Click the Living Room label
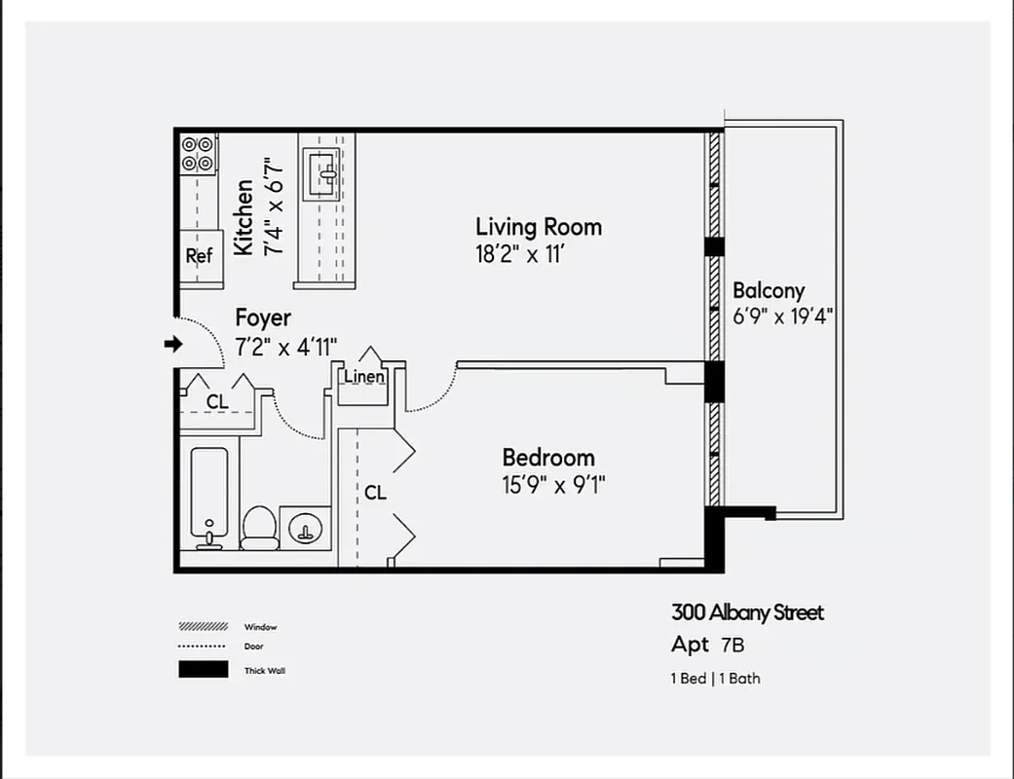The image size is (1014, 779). tap(538, 227)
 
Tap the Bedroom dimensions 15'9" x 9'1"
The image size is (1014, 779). tap(553, 484)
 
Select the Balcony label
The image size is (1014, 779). tap(769, 290)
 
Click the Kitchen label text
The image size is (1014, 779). tap(244, 217)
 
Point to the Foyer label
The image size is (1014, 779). tap(263, 318)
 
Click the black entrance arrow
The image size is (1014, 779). tap(174, 344)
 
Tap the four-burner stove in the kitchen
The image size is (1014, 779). tap(198, 154)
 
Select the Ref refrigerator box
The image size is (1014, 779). tap(200, 256)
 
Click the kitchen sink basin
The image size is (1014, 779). tap(320, 174)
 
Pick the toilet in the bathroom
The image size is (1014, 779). tap(259, 527)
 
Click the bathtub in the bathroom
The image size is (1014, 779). tap(209, 497)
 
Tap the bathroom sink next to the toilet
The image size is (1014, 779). tap(306, 527)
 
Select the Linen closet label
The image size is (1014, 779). tap(363, 377)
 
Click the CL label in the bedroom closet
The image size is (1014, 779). tap(375, 493)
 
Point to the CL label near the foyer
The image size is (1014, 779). tap(217, 401)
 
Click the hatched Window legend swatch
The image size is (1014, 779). tap(203, 626)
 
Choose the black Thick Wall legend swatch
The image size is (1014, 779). tap(203, 670)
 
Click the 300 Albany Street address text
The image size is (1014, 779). tap(747, 612)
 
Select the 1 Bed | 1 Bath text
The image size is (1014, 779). tap(715, 678)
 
